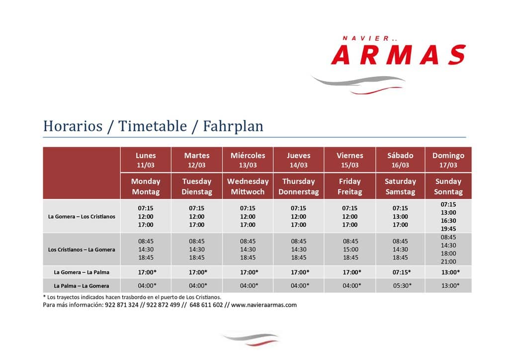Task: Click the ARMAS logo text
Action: pos(398,55)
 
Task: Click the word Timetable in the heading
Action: pos(153,126)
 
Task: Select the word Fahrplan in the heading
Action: pos(233,126)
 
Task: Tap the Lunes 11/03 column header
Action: pos(146,160)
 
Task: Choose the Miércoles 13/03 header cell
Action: pos(248,160)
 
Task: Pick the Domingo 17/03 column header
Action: pos(448,160)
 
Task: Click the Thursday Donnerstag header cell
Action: pos(299,186)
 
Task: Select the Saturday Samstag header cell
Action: pos(400,186)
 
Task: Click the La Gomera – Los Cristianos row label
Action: pos(82,216)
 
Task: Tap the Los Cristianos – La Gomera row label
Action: pos(82,250)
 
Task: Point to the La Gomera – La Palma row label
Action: pos(82,272)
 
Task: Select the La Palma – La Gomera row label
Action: pos(82,286)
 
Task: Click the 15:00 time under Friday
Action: pos(350,249)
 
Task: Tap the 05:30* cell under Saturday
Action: pos(402,285)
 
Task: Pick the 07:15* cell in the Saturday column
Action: pos(402,272)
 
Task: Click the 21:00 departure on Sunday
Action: pos(448,262)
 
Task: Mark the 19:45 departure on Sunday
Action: pos(448,229)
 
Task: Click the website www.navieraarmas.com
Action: pos(264,305)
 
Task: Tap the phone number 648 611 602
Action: pos(206,305)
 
